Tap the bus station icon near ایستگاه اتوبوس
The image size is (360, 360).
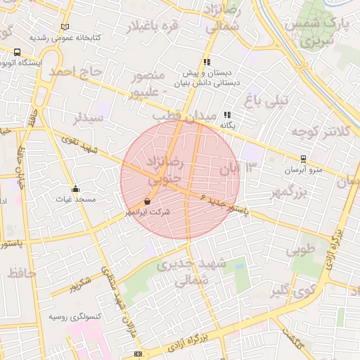[x=17, y=51]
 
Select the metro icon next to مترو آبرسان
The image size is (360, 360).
[x=303, y=159]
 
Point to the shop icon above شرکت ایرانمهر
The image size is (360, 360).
[x=146, y=200]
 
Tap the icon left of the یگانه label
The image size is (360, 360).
[x=227, y=115]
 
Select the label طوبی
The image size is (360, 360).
[x=300, y=250]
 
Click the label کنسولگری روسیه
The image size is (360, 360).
[x=67, y=317]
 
